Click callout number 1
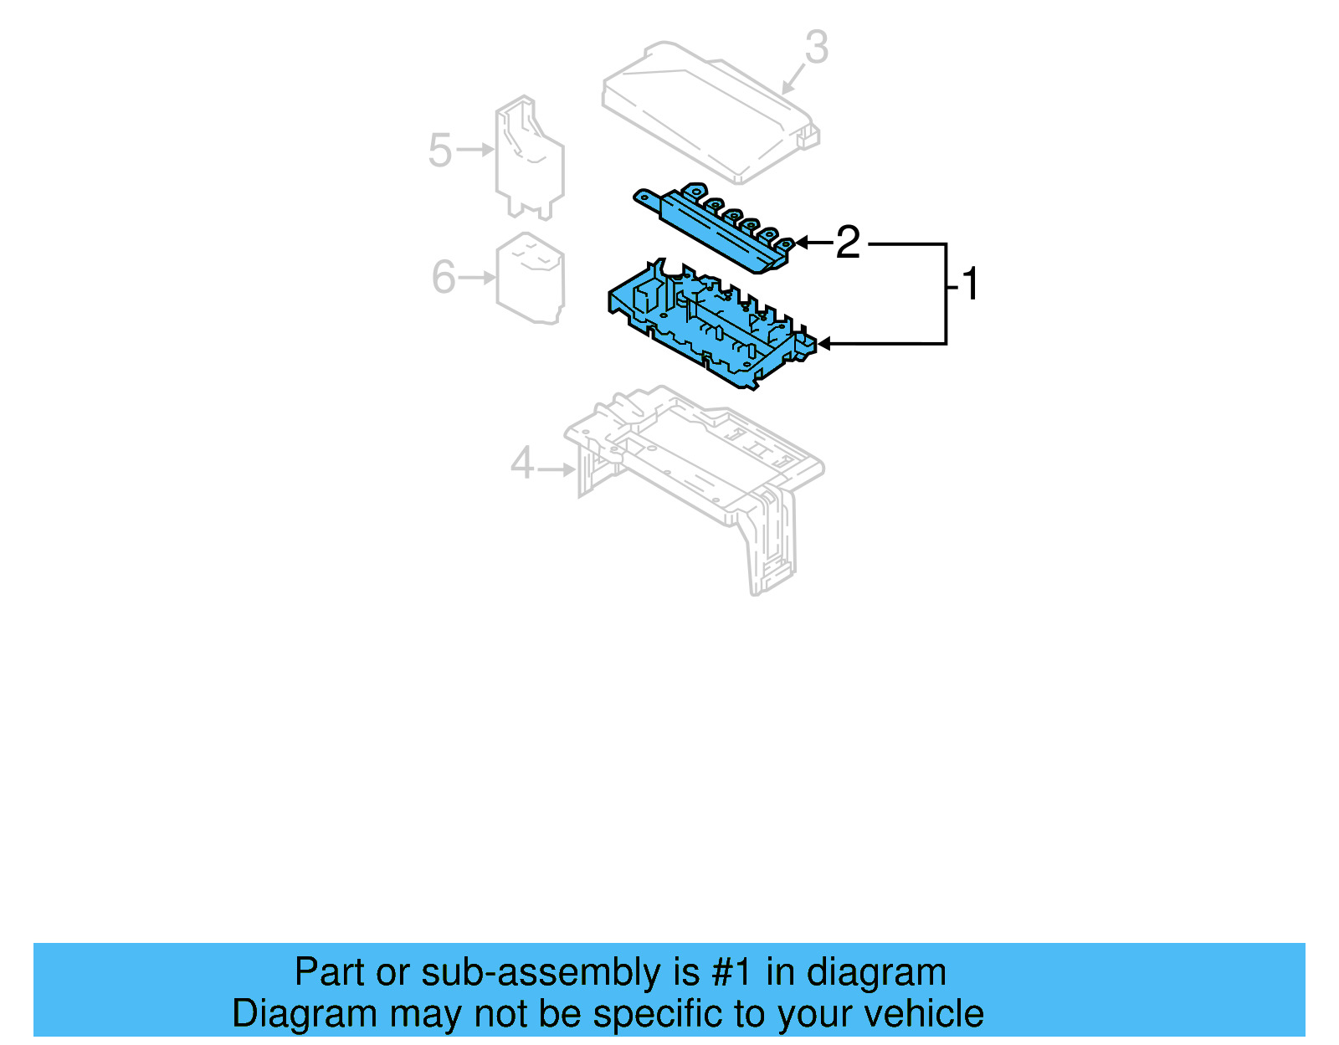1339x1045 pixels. tap(970, 284)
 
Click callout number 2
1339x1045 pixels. tap(848, 243)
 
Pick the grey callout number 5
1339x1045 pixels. tap(439, 151)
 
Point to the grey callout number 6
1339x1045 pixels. tap(443, 277)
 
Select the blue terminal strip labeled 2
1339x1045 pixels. tap(711, 226)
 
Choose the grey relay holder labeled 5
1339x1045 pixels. tap(529, 159)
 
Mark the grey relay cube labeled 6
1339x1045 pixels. tap(530, 279)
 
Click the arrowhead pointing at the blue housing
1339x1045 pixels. tap(823, 344)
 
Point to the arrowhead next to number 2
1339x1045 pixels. tap(801, 243)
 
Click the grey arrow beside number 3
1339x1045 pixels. tap(792, 79)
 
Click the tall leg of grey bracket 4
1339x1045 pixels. tap(771, 544)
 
